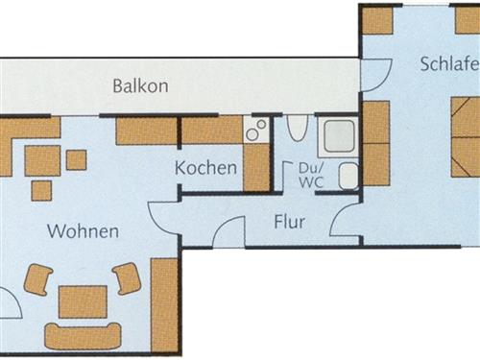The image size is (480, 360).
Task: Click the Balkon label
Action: click(140, 85)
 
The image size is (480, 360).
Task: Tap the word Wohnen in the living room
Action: click(84, 231)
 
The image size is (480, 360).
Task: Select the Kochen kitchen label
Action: click(205, 168)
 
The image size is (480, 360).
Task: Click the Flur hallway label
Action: click(289, 222)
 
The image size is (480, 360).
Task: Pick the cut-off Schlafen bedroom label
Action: click(448, 64)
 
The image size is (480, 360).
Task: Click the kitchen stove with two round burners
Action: click(256, 130)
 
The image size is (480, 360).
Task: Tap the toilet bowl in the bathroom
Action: click(297, 129)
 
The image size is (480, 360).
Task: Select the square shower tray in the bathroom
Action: click(339, 137)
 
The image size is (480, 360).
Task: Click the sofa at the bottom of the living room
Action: click(84, 336)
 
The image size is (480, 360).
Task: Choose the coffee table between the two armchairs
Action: click(84, 301)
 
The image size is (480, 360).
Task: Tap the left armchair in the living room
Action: click(38, 279)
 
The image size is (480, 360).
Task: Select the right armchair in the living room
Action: click(127, 278)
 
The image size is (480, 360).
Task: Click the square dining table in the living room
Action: click(42, 160)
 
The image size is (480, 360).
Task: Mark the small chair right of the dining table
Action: click(76, 159)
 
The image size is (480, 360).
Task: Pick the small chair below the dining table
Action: click(41, 190)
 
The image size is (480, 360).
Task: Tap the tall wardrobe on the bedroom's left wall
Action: click(375, 143)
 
